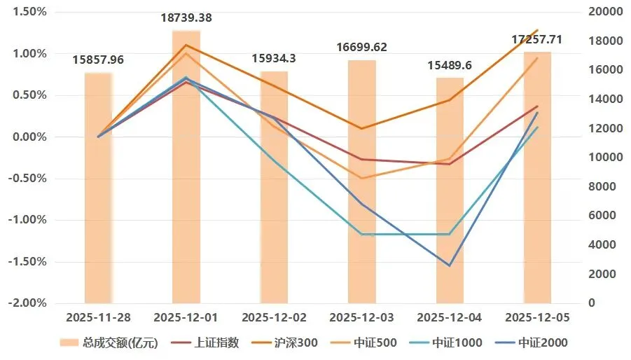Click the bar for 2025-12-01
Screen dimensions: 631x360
(x=186, y=167)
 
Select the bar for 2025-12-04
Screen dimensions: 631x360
(x=450, y=191)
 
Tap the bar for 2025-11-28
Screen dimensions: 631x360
(x=98, y=188)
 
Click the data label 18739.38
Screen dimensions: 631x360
(x=186, y=18)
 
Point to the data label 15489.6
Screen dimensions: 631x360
(x=450, y=65)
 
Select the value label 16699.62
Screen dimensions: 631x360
(x=362, y=47)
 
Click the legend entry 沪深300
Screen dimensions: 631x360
(x=284, y=342)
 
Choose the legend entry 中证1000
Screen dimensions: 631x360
(x=446, y=342)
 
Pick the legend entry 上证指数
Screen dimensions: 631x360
(x=205, y=342)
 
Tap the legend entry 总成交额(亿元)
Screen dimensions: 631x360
(x=109, y=342)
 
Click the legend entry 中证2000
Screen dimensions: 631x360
(x=532, y=342)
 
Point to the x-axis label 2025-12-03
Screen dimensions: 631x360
(x=362, y=318)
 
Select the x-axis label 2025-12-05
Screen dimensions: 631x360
(x=538, y=318)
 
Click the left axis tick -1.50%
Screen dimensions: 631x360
(x=27, y=261)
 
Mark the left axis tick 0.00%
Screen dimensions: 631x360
(x=30, y=137)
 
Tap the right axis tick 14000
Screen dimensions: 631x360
(x=605, y=99)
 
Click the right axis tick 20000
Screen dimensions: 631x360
(x=605, y=11)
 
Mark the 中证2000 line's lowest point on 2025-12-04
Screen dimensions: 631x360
(x=450, y=265)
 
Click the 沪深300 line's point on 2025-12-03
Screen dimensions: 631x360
(x=362, y=129)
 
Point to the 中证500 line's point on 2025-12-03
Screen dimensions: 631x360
(x=362, y=178)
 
